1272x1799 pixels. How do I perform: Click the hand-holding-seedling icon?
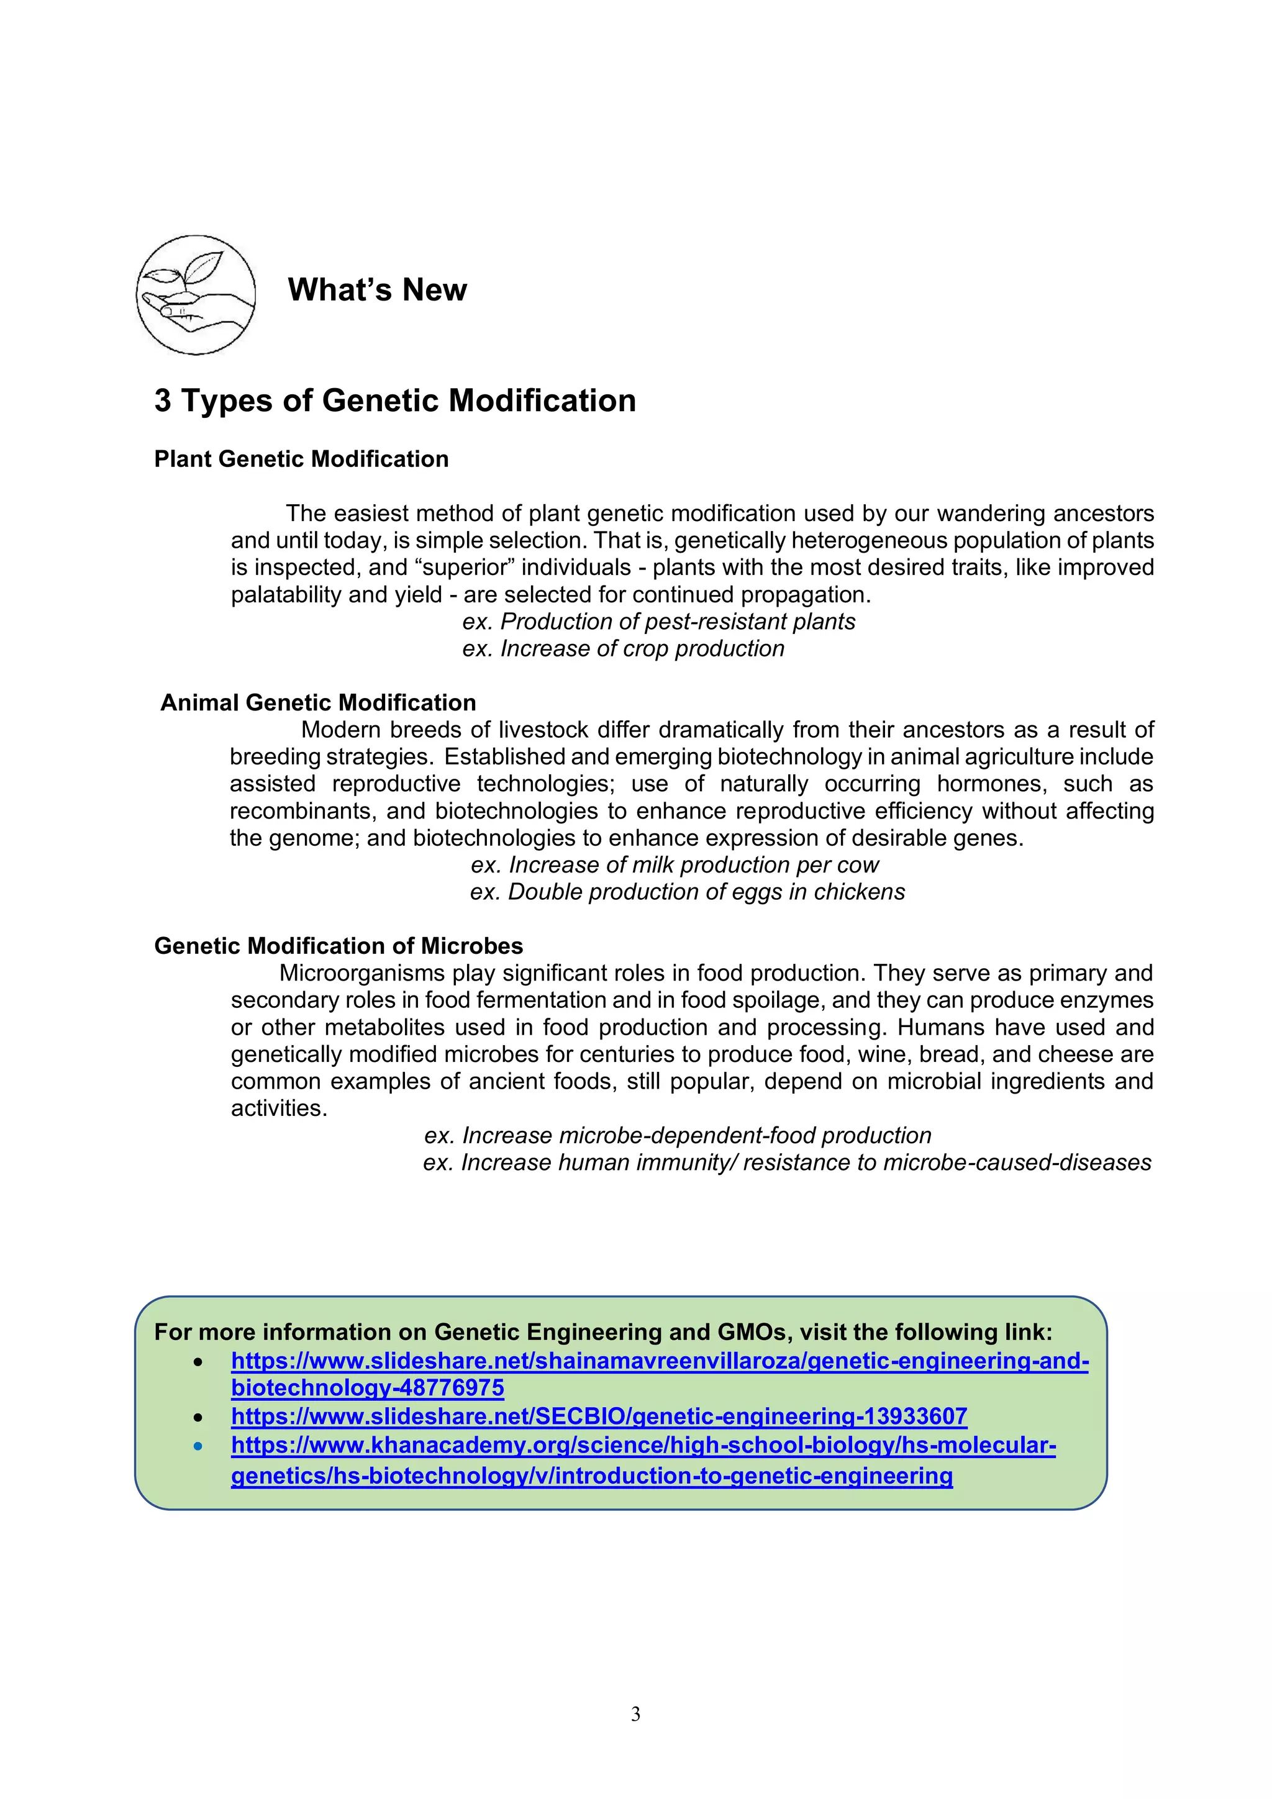coord(195,294)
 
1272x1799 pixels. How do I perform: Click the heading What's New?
coord(377,290)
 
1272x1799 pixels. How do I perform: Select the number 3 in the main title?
coord(162,401)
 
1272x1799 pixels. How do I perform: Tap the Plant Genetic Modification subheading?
coord(301,459)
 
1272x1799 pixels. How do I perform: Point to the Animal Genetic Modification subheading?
coord(318,703)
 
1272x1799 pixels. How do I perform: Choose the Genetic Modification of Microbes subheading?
coord(338,946)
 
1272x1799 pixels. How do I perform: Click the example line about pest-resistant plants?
coord(658,622)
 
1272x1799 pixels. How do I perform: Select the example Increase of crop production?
coord(623,649)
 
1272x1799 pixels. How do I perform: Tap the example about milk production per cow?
coord(674,865)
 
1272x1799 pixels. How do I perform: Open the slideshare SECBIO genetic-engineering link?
coord(599,1416)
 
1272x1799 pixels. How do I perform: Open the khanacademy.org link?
coord(643,1446)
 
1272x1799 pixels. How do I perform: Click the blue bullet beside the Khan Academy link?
coord(198,1446)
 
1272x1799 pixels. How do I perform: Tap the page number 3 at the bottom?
coord(635,1715)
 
